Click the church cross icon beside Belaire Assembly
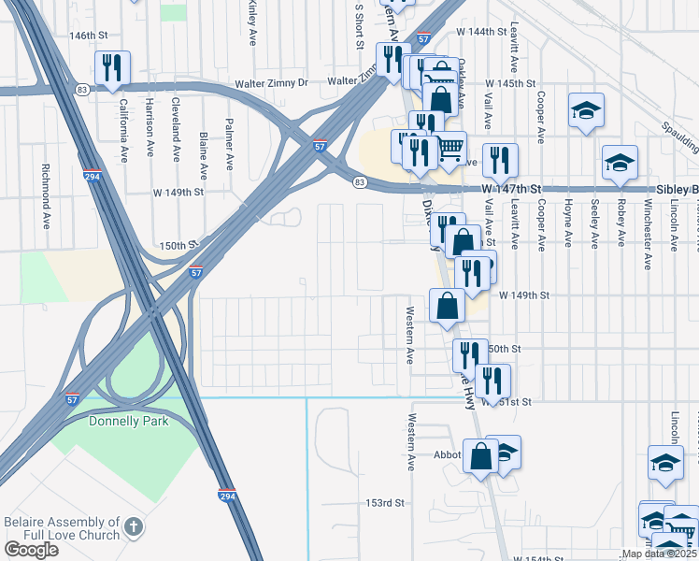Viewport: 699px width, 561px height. tap(134, 527)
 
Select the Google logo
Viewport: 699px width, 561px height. tap(31, 550)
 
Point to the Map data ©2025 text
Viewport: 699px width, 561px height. tap(660, 554)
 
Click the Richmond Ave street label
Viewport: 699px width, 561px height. tap(45, 197)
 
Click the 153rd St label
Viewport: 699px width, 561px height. tap(385, 503)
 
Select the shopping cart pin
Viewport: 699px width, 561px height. tap(450, 148)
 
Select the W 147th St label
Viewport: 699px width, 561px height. tap(512, 188)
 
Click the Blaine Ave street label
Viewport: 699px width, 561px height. tap(204, 155)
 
